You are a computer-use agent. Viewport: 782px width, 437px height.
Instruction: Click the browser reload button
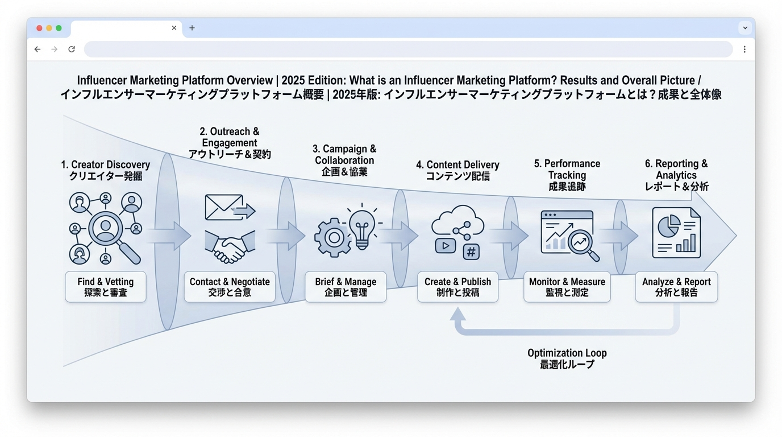[x=72, y=50]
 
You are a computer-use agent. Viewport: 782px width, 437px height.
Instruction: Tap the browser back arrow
[x=38, y=50]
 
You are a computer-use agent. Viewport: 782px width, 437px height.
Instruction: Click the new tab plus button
[x=192, y=28]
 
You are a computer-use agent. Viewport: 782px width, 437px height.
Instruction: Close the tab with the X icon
[x=174, y=28]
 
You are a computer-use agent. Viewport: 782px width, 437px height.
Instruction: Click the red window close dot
[x=39, y=28]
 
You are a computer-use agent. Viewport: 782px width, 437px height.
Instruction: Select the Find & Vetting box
[x=106, y=287]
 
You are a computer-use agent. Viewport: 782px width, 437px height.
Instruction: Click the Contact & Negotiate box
[x=230, y=287]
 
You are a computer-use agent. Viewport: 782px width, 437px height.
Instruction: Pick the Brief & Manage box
[x=346, y=287]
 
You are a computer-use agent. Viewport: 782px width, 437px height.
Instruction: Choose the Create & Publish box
[x=457, y=287]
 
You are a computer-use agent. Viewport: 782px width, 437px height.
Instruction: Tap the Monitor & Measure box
[x=567, y=287]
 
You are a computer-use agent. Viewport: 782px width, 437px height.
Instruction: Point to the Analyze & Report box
[x=676, y=287]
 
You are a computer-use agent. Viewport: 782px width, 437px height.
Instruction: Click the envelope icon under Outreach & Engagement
[x=224, y=207]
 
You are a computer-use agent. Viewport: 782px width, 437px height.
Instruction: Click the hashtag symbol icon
[x=471, y=251]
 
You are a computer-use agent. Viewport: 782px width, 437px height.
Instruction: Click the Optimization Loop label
[x=567, y=358]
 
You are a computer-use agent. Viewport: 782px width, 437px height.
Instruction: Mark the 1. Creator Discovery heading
[x=106, y=170]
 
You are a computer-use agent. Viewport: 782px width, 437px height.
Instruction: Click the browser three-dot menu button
[x=744, y=50]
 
